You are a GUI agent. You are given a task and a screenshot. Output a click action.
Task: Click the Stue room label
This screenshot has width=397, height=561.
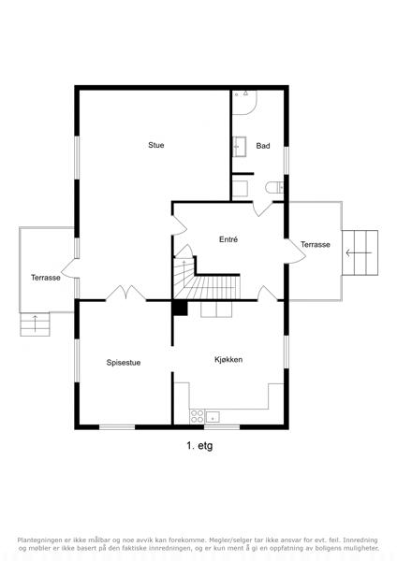[156, 145]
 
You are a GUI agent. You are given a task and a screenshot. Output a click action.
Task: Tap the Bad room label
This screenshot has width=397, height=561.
[263, 146]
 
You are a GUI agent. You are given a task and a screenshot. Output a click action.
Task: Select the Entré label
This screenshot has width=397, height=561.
[228, 239]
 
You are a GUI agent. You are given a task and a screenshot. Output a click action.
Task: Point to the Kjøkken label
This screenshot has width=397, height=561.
[228, 360]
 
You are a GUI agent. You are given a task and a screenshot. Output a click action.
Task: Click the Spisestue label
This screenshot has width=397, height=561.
[124, 363]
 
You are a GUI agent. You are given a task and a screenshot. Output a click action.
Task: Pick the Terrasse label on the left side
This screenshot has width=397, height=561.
[46, 278]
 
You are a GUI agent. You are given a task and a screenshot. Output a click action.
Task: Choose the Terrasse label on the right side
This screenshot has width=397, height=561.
[316, 244]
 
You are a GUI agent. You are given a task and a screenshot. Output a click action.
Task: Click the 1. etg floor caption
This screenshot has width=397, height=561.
[199, 446]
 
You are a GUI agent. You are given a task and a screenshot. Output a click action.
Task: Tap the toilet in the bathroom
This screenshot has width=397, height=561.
[274, 187]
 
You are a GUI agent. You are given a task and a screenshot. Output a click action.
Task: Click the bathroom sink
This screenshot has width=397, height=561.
[240, 147]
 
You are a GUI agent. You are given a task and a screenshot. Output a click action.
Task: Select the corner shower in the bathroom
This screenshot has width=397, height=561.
[244, 102]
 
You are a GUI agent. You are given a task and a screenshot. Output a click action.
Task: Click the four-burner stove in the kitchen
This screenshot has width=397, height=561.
[197, 416]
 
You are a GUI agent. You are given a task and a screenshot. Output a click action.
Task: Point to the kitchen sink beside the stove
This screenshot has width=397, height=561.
[213, 417]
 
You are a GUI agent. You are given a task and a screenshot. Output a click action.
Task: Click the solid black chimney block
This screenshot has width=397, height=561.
[180, 308]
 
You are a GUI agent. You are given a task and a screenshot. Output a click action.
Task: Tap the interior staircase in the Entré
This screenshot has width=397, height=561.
[206, 279]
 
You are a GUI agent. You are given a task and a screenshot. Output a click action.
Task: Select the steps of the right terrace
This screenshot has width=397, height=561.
[360, 252]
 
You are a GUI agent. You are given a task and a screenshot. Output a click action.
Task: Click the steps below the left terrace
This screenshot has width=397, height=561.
[35, 324]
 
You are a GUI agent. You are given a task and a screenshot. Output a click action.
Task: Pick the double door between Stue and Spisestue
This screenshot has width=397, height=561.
[125, 293]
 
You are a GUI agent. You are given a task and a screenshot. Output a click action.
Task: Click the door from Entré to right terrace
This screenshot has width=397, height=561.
[295, 252]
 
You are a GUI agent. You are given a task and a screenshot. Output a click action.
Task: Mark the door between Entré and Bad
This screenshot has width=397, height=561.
[262, 209]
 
